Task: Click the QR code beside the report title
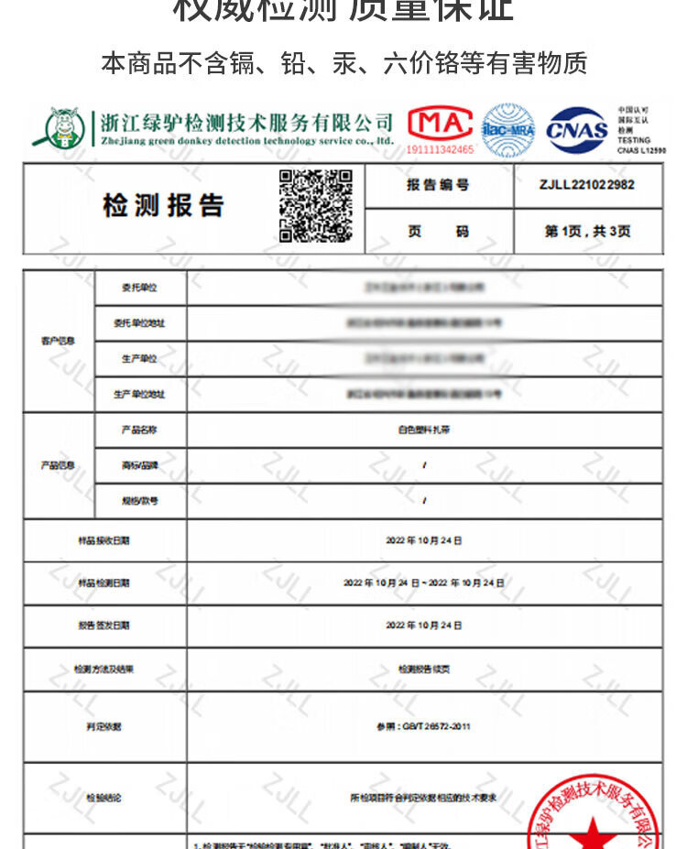(315, 206)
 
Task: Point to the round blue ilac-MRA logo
(508, 130)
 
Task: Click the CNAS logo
(577, 130)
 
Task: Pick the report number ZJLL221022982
(587, 185)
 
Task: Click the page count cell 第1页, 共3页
(587, 232)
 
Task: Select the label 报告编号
(438, 185)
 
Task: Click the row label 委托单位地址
(139, 323)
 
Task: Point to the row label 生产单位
(139, 359)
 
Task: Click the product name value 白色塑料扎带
(424, 430)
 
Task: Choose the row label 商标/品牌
(139, 465)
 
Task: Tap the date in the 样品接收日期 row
(424, 540)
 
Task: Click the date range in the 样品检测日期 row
(424, 582)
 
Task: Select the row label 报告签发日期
(104, 626)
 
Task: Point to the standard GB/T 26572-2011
(424, 726)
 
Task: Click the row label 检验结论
(104, 798)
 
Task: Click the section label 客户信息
(58, 341)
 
